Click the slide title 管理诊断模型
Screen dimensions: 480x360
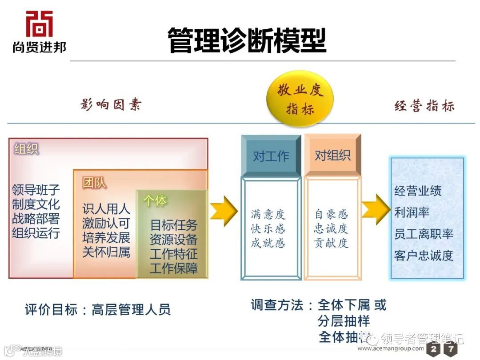pyautogui.click(x=247, y=40)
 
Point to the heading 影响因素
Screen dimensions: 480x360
pyautogui.click(x=112, y=105)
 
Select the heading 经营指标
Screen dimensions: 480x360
pyautogui.click(x=424, y=106)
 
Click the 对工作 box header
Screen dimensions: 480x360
pyautogui.click(x=271, y=156)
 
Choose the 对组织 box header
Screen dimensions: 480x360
pyautogui.click(x=332, y=155)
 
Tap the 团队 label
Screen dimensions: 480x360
pyautogui.click(x=94, y=182)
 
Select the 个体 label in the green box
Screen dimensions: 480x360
pyautogui.click(x=155, y=200)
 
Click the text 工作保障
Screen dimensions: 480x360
pyautogui.click(x=173, y=268)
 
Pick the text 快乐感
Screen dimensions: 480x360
pyautogui.click(x=268, y=229)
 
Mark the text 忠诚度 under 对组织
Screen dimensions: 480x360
pyautogui.click(x=331, y=229)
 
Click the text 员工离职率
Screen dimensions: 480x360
pyautogui.click(x=424, y=234)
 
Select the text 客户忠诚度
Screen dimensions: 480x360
pyautogui.click(x=424, y=256)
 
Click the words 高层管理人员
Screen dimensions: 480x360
pyautogui.click(x=131, y=309)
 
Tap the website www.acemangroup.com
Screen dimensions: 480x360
pyautogui.click(x=391, y=348)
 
